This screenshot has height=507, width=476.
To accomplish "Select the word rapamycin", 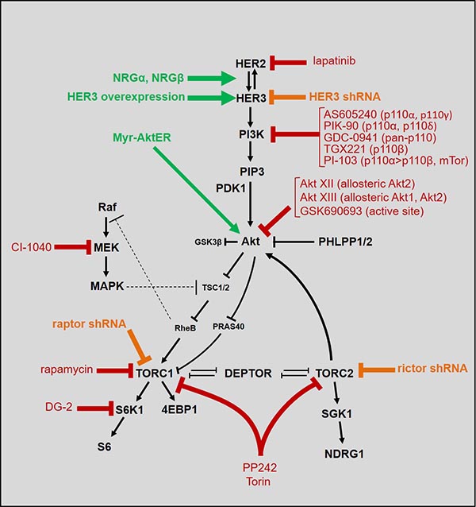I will pos(69,370).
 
